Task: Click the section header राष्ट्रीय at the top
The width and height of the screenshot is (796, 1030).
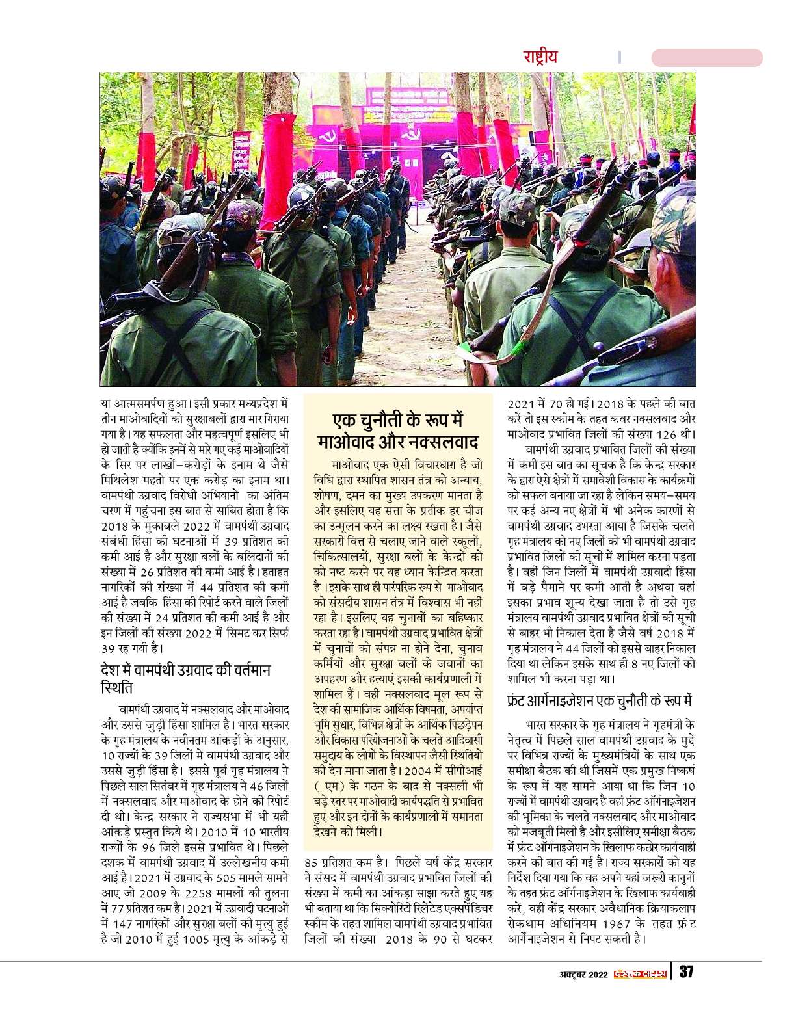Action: point(540,57)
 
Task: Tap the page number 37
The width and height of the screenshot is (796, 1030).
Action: point(687,973)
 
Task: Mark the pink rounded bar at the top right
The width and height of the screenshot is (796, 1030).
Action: point(706,57)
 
